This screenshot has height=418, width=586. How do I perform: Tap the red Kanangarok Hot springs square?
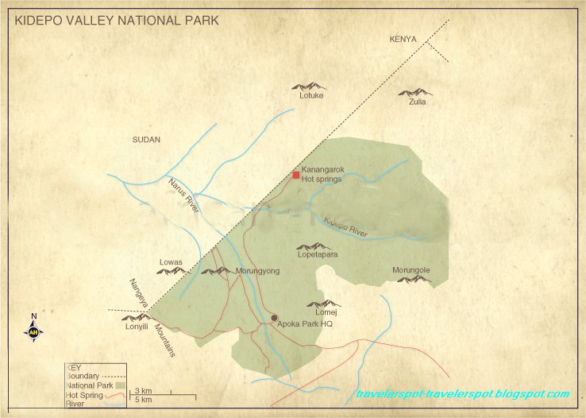[296, 175]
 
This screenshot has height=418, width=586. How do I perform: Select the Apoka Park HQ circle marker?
[275, 318]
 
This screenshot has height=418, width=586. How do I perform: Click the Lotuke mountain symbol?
[309, 85]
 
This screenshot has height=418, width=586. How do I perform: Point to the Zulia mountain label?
[418, 102]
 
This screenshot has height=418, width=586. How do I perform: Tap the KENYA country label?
[403, 39]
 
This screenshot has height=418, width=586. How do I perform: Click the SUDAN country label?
[146, 140]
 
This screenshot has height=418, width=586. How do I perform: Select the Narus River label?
[183, 195]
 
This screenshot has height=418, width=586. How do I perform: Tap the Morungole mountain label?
[411, 270]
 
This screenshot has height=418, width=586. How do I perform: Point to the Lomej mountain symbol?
[323, 303]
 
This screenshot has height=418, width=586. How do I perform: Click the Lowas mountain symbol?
[172, 272]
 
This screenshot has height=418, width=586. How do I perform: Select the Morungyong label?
[258, 271]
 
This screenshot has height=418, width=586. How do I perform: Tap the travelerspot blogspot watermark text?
[462, 394]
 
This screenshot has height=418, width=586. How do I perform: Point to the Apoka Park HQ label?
[305, 324]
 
